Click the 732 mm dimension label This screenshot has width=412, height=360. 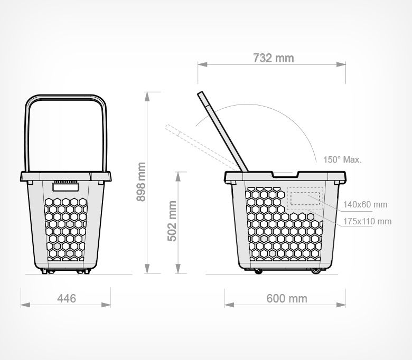(274, 58)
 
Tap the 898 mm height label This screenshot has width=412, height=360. (141, 182)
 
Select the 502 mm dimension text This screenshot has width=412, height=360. (172, 221)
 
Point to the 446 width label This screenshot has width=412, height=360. (67, 298)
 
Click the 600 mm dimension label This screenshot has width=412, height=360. (287, 299)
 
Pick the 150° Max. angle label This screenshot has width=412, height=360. (342, 159)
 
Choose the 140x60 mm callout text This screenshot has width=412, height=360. (365, 204)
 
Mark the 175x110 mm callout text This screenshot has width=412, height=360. (367, 221)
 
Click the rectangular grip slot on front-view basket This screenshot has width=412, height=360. (65, 187)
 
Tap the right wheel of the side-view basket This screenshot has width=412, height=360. (315, 270)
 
